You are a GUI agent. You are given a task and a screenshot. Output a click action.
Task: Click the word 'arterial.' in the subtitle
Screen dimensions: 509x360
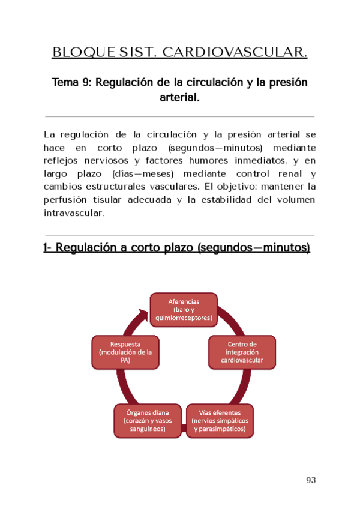[x=179, y=97]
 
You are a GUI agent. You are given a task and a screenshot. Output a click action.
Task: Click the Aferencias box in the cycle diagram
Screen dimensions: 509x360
[x=184, y=309]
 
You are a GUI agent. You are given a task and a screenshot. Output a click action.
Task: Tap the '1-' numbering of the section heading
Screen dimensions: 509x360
[x=49, y=247]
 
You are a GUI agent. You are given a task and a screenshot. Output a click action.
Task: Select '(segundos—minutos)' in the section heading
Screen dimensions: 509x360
[x=253, y=247]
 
